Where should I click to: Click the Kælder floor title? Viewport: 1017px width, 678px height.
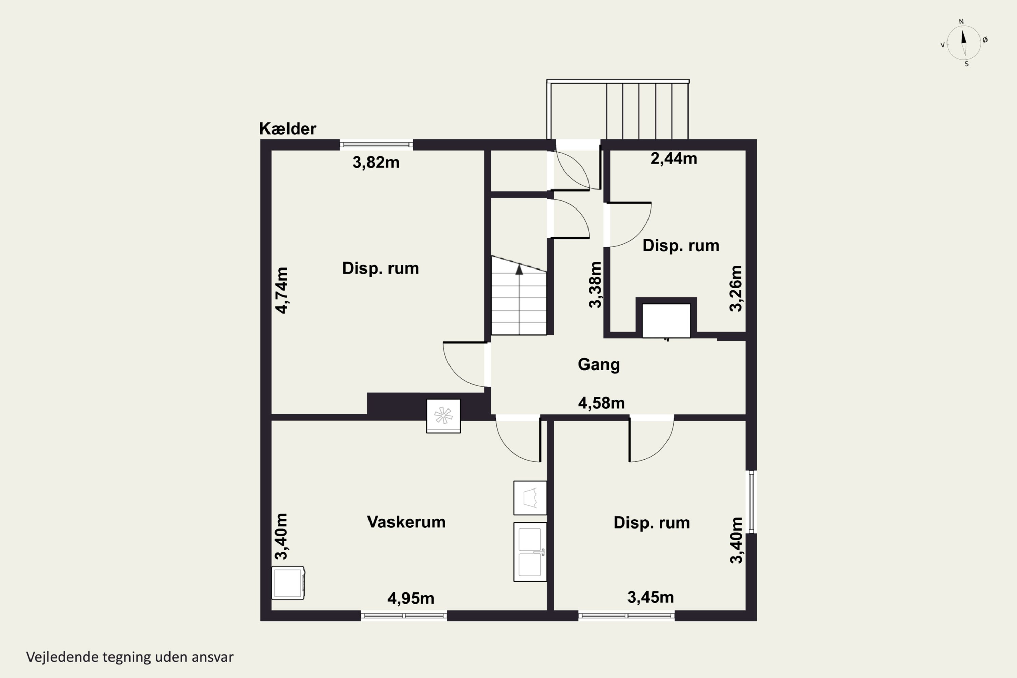287,128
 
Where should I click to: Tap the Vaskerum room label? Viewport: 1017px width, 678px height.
406,522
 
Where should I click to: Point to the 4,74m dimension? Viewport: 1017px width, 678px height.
281,290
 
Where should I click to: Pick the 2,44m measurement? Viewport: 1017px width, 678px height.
674,159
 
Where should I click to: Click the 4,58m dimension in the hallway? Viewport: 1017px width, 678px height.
601,403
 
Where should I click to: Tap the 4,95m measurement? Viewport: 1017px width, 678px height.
411,598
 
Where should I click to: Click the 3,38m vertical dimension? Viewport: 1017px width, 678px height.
595,284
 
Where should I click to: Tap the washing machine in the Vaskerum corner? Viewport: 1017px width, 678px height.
288,583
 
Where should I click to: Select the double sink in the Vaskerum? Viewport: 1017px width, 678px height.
530,552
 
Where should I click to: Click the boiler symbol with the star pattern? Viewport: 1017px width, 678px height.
443,416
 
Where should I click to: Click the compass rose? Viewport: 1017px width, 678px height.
964,43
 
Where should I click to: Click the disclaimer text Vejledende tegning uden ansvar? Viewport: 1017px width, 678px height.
130,657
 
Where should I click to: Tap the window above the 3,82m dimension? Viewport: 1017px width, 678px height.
376,145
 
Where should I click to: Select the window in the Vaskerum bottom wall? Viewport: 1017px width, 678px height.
404,616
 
